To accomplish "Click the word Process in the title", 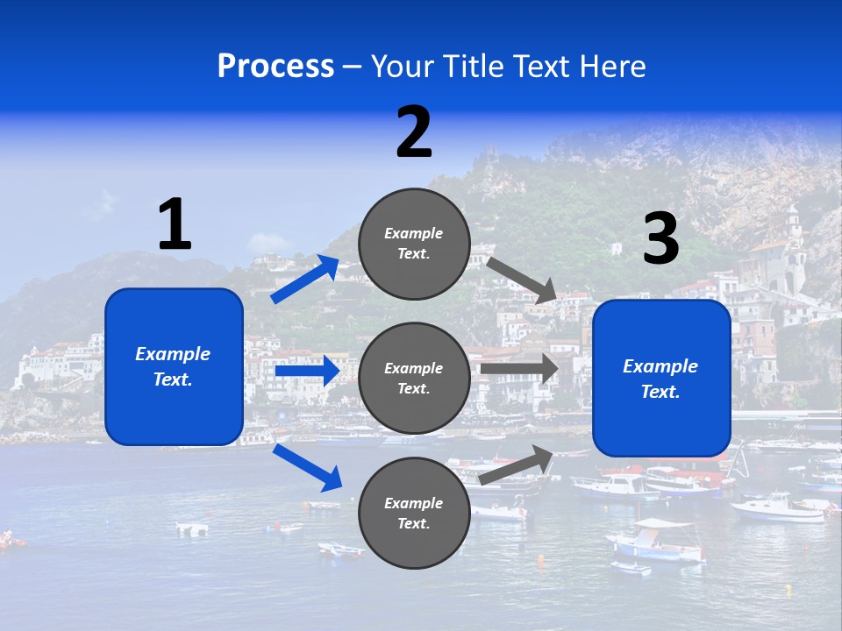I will (275, 67).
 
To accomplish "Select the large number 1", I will (175, 225).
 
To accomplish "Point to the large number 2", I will (414, 132).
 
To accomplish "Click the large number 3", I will (661, 239).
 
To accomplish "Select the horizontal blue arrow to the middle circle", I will (306, 372).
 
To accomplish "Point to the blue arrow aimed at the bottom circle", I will (306, 467).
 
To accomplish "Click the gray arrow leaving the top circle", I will (523, 280).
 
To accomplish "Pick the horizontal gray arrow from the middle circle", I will (518, 369).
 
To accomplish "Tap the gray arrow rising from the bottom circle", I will (517, 465).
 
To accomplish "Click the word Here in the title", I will (614, 67).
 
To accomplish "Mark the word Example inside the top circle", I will (414, 233).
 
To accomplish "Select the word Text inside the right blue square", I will (660, 392).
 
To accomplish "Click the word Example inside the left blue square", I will (173, 354).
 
